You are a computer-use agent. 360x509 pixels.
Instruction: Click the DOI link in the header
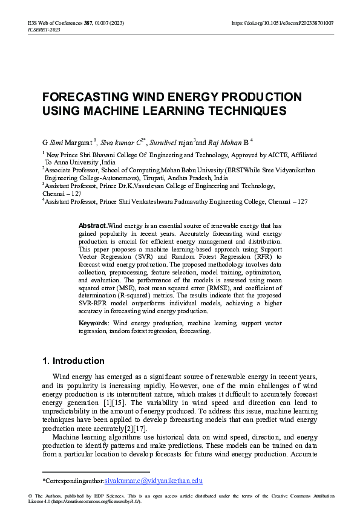click(x=283, y=23)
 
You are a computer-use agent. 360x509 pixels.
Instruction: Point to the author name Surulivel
click(x=163, y=143)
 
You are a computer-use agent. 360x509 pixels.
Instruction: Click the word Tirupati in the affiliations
click(x=159, y=178)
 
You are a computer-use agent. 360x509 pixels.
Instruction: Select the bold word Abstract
click(x=93, y=225)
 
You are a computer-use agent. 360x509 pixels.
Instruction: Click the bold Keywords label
click(x=93, y=323)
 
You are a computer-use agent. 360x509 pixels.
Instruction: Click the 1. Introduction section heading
click(x=73, y=361)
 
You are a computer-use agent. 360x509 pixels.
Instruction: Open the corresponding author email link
click(x=153, y=481)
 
